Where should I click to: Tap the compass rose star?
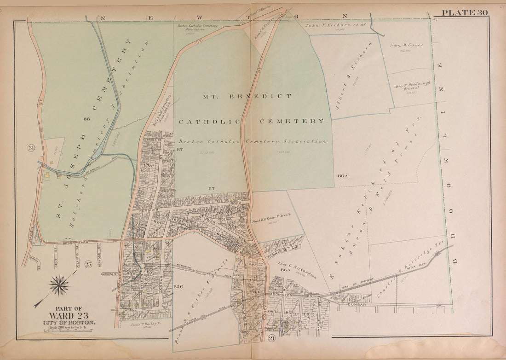tap(59, 285)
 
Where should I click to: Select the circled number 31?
tap(31, 148)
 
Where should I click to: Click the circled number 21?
tap(270, 339)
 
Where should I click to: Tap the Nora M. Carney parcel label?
tap(406, 45)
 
